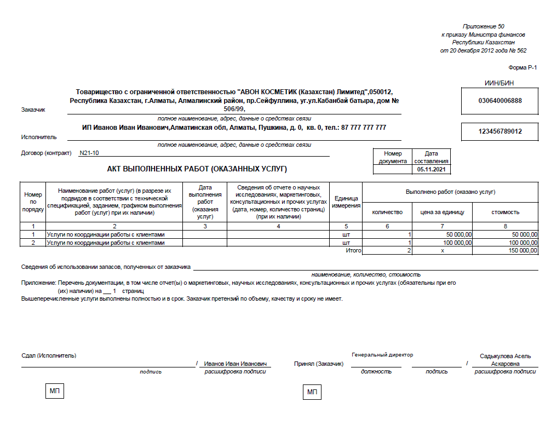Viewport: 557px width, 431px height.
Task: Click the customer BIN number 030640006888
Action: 500,101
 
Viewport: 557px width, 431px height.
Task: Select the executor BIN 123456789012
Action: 500,131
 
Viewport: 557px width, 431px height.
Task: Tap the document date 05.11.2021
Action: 432,170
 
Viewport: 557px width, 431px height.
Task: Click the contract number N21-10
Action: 89,153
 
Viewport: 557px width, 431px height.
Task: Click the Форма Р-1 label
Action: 524,67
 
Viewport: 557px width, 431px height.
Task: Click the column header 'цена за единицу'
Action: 442,212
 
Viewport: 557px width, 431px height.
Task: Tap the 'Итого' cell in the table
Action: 353,250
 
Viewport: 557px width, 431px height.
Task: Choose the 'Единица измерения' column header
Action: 346,202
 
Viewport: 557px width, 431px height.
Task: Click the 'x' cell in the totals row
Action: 441,250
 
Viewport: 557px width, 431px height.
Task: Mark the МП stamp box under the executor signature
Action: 54,392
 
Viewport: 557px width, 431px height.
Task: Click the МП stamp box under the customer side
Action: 312,392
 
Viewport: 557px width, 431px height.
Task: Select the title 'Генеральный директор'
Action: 382,355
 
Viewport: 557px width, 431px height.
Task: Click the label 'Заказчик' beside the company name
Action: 33,110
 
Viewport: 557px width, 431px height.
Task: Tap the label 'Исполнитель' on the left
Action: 39,137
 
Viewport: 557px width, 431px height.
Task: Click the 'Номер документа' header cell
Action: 393,157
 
